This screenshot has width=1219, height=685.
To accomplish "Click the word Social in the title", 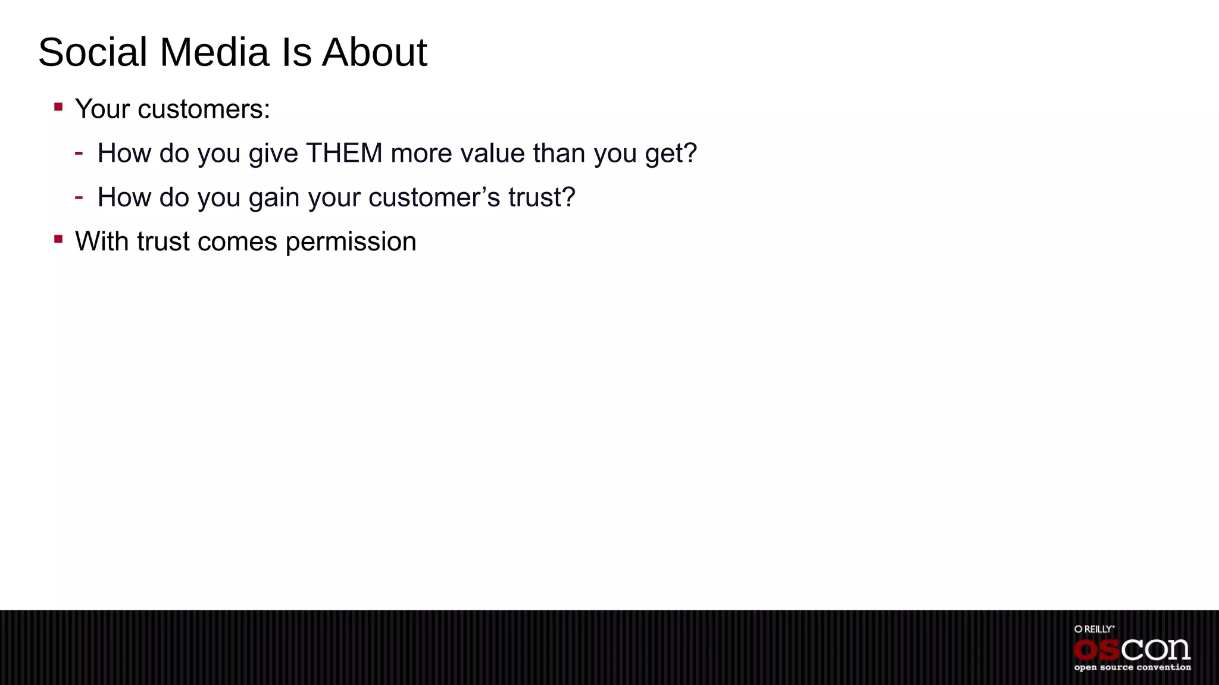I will pos(93,52).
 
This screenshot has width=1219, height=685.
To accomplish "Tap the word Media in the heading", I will pos(214,52).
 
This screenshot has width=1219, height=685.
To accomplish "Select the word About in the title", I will pos(374,52).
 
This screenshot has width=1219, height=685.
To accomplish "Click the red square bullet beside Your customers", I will pos(58,107).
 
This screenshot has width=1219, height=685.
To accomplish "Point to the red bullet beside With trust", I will pos(58,239).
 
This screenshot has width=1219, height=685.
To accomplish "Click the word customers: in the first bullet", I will pos(204,109).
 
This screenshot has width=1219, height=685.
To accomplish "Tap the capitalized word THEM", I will pos(344,153).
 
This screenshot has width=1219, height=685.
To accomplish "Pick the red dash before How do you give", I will pos(79,153).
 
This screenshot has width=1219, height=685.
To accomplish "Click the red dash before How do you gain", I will pos(79,197).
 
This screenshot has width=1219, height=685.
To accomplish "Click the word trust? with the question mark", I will pos(542,197).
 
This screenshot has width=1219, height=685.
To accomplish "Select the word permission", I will pos(351,242).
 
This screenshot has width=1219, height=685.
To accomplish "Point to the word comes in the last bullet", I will pos(237,242).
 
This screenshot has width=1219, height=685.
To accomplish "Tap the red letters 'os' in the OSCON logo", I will pos(1096,650).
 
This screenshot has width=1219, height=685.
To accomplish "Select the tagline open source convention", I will pos(1132,668).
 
